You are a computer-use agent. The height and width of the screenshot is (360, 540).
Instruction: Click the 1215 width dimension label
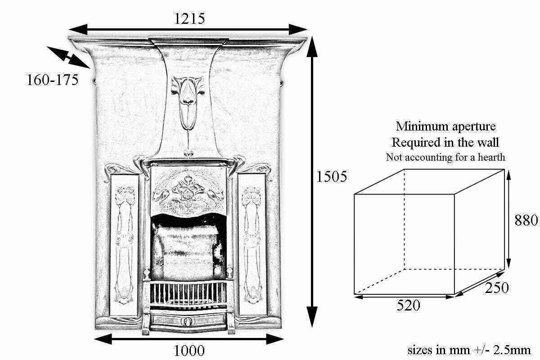click(189, 18)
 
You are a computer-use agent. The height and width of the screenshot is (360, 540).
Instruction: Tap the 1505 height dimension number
click(332, 176)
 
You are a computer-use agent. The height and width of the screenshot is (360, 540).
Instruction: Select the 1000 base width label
click(189, 351)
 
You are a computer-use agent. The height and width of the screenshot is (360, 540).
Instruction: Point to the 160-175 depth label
click(53, 80)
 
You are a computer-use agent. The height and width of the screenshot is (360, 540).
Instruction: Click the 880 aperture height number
click(526, 220)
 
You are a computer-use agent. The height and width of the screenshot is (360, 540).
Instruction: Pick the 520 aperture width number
click(409, 305)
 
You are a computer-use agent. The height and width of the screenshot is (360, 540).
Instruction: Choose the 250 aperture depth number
click(497, 288)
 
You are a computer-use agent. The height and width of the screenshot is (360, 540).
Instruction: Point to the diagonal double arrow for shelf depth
click(68, 58)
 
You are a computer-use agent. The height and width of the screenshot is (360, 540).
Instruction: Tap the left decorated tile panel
click(124, 245)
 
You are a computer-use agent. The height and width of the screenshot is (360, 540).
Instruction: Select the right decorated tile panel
click(252, 244)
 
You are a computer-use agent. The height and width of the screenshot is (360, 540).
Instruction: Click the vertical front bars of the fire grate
click(188, 293)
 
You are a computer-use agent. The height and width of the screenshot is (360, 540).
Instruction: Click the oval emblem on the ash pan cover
click(188, 321)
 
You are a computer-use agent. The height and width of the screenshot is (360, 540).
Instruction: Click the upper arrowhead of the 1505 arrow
click(312, 46)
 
